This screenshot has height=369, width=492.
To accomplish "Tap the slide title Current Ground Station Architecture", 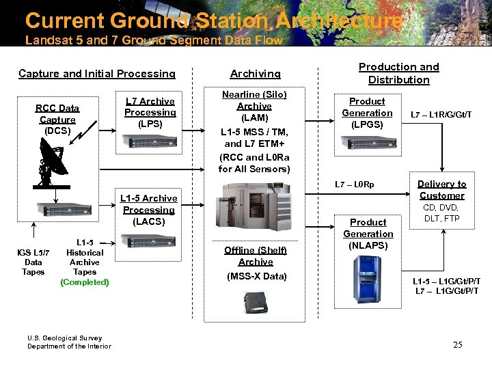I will (213, 20).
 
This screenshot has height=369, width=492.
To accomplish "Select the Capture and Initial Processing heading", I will (97, 74).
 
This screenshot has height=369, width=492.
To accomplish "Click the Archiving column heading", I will (255, 74).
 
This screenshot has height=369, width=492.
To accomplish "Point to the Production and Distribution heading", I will (398, 73).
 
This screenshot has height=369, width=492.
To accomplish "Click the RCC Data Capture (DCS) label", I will (57, 119).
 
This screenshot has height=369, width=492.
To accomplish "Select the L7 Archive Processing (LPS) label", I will (150, 113).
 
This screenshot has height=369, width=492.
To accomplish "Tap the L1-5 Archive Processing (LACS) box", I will (148, 210).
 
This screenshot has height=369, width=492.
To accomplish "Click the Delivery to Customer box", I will (441, 189).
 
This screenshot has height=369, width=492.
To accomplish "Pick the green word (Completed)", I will (84, 282).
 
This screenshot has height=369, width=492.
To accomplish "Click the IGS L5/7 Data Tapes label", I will (33, 262).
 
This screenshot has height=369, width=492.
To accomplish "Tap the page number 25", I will (457, 344).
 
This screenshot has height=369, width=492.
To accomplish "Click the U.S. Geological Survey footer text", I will (64, 338).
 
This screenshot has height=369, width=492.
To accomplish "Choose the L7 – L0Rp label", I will (355, 185).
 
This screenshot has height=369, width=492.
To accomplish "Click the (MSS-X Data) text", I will (255, 277).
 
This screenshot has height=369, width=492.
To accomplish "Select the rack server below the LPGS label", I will (368, 143).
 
